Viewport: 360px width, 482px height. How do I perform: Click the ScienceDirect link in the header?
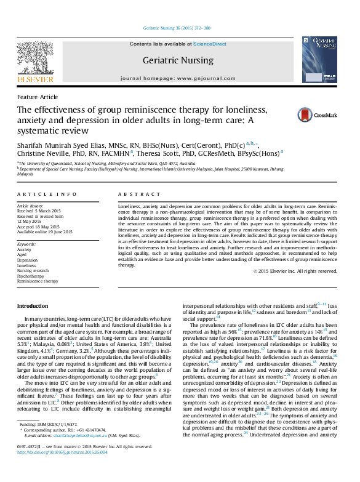tap(210, 44)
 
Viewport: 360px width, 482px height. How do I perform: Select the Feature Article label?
tap(38, 97)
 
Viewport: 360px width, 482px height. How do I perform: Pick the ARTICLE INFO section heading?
tap(47, 193)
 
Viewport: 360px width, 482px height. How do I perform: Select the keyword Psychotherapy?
tap(31, 276)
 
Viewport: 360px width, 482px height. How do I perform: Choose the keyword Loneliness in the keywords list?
tap(28, 265)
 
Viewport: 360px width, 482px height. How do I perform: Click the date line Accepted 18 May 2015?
tap(41, 226)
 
